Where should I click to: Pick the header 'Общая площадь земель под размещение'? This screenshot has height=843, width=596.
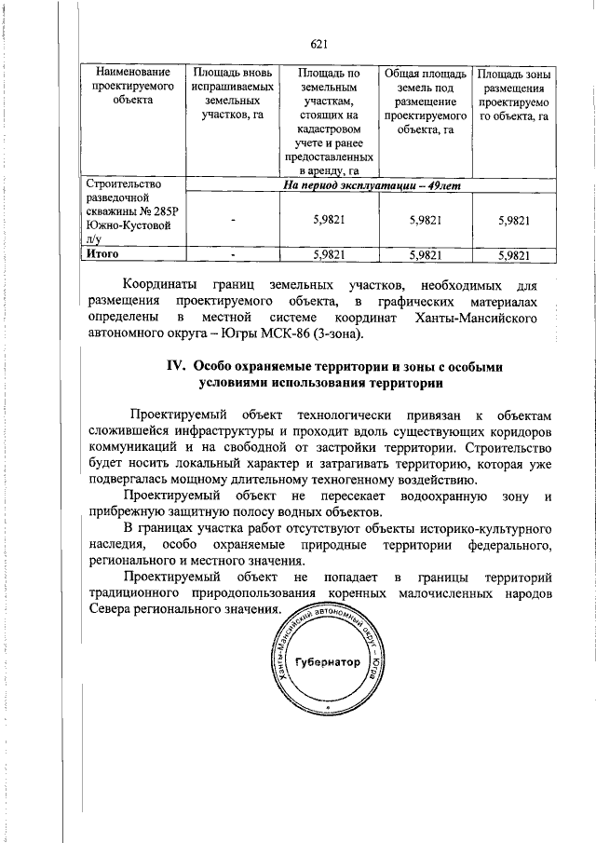[424, 102]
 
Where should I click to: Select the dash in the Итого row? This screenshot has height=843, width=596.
[232, 253]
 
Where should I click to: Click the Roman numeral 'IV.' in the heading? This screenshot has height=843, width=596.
[179, 366]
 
